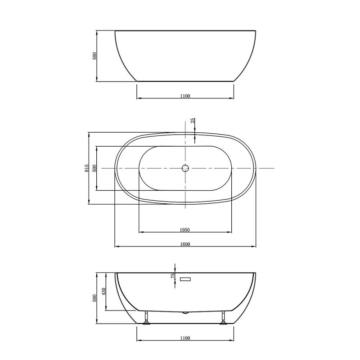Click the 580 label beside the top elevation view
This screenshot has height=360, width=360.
click(94, 56)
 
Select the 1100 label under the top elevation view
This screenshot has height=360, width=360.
click(185, 95)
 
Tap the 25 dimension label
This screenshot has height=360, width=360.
click(193, 121)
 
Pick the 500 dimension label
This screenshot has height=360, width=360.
click(94, 168)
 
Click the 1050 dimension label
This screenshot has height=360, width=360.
click(184, 229)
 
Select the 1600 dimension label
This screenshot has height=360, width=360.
click(185, 244)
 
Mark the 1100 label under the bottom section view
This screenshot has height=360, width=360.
click(185, 338)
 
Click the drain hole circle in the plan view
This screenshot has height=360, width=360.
click(185, 168)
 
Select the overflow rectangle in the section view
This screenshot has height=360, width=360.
click(185, 279)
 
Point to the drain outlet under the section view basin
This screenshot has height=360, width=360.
click(185, 311)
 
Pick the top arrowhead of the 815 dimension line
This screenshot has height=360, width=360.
click(89, 134)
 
